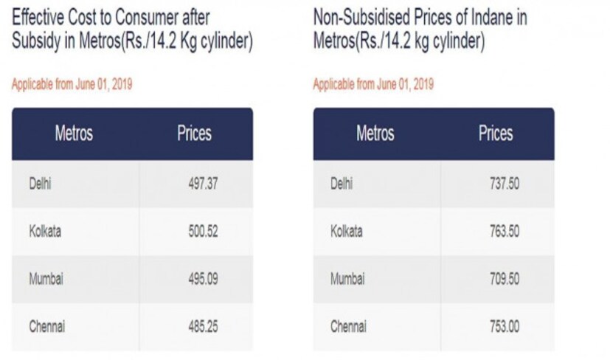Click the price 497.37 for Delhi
202,184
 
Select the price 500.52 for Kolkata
202,231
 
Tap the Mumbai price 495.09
202,279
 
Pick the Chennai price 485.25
202,326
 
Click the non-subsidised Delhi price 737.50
504,184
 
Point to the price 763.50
504,231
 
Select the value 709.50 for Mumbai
504,279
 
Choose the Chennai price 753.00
504,326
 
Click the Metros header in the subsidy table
74,134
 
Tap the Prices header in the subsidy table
194,134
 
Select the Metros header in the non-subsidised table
375,134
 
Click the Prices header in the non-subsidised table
495,134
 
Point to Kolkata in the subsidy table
45,231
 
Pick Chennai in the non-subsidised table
348,326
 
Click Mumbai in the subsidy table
45,279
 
